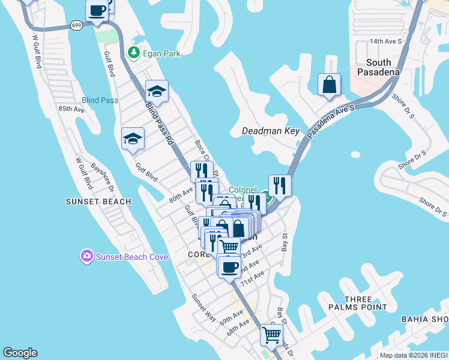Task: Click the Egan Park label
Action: tap(161, 53)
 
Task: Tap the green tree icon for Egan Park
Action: tap(134, 53)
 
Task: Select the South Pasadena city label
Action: tap(378, 68)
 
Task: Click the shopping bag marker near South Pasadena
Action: tap(330, 85)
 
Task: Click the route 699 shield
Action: tap(76, 25)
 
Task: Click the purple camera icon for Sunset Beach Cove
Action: tap(87, 257)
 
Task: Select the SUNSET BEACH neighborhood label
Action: tap(98, 202)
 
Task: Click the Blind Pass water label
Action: tap(100, 100)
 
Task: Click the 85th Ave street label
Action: tap(72, 109)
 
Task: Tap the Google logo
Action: tap(20, 353)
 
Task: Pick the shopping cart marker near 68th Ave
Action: tap(271, 335)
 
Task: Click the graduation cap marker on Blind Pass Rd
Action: tap(157, 91)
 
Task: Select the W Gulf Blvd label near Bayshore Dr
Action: tap(83, 173)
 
